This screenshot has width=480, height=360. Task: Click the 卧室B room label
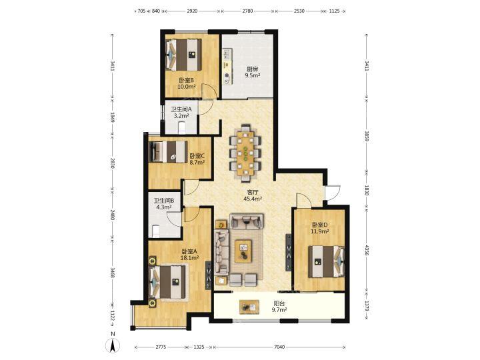point(187,81)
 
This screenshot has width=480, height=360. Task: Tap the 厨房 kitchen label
point(253,69)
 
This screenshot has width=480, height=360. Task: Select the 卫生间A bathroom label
point(181,109)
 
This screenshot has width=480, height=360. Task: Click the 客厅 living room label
point(253,192)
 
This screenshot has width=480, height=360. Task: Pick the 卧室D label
point(320,225)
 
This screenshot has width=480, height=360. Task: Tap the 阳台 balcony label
point(279,304)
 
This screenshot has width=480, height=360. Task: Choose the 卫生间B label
point(164,201)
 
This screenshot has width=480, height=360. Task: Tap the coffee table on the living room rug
point(243,251)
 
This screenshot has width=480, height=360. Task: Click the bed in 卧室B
point(184,55)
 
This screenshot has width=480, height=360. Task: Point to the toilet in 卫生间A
point(182,127)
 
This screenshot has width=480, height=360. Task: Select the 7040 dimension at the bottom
point(279,347)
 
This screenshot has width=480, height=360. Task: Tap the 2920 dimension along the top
point(192,11)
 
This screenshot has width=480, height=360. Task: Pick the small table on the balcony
point(249,307)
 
